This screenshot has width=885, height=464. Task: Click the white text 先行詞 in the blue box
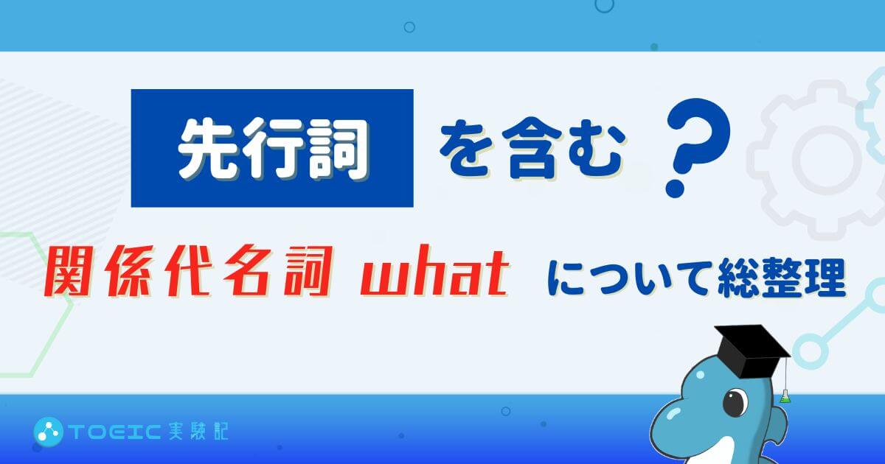[x=273, y=149]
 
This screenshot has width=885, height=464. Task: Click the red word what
[x=434, y=270]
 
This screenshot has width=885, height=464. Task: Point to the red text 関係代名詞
[x=187, y=271]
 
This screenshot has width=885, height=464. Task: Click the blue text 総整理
[x=781, y=277]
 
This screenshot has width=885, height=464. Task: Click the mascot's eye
[x=736, y=402]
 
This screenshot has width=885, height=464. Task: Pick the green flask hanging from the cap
[x=785, y=396]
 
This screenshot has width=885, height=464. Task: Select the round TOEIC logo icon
[x=48, y=432]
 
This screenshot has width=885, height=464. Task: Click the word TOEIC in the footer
[x=115, y=432]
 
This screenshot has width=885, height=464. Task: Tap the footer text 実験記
[x=198, y=432]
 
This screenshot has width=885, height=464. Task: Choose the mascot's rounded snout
[x=673, y=424]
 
